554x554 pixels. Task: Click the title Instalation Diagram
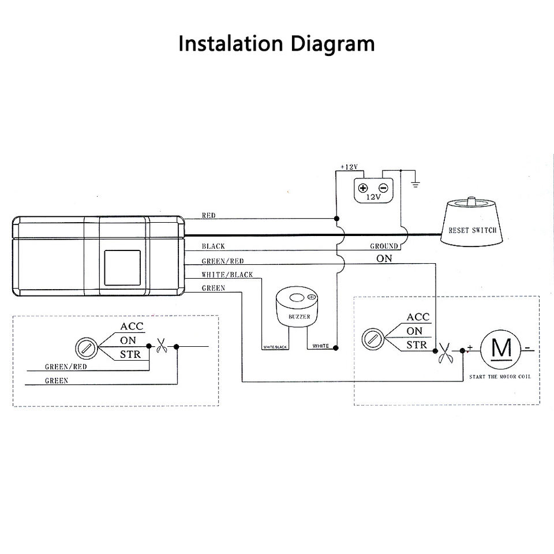tap(276, 44)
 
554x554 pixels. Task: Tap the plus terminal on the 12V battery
tap(364, 188)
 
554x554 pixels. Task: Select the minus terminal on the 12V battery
tap(383, 188)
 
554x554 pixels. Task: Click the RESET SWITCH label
tap(472, 230)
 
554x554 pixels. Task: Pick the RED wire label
tap(208, 215)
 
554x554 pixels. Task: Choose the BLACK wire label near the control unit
tap(213, 246)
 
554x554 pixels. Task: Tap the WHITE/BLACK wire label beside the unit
tap(227, 275)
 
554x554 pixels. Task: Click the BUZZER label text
tap(299, 317)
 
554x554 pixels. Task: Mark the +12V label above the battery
tap(349, 167)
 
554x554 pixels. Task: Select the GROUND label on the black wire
tap(384, 246)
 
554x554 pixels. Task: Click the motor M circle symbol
tap(500, 348)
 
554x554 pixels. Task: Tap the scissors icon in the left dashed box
tap(163, 347)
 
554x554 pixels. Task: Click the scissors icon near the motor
tap(446, 352)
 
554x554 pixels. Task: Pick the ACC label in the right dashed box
tap(418, 317)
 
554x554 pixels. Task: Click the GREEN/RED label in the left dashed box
tap(66, 366)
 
